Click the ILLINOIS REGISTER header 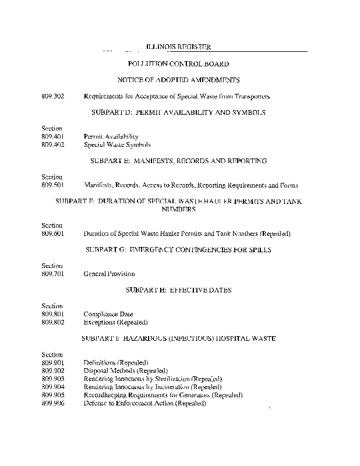click(x=178, y=47)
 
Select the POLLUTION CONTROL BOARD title click(x=178, y=63)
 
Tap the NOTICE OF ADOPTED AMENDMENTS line click(x=179, y=80)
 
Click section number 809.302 click(x=52, y=96)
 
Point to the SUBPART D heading click(x=179, y=112)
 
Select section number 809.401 click(x=52, y=136)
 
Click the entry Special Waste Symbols click(x=117, y=144)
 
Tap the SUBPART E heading click(x=179, y=160)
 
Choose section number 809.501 click(x=52, y=185)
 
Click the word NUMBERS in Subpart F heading click(x=179, y=209)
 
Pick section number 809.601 click(x=52, y=234)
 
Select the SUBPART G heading click(x=179, y=249)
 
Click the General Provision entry click(x=109, y=274)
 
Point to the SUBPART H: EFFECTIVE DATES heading click(x=179, y=290)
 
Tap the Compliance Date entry click(x=108, y=314)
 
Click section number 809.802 click(x=52, y=322)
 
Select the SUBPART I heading click(x=179, y=338)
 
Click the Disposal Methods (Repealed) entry click(x=126, y=370)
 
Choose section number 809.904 click(x=52, y=387)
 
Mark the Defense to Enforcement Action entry click(x=144, y=403)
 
